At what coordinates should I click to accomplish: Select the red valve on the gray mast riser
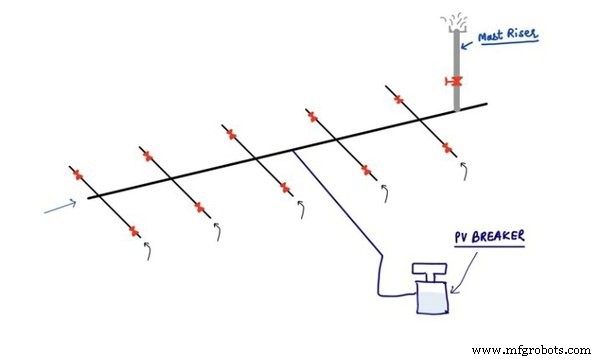point(456,81)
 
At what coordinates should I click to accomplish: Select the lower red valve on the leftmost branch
point(134,230)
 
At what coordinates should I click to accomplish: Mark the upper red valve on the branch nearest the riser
point(399,99)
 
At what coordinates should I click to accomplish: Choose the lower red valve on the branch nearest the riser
point(447,146)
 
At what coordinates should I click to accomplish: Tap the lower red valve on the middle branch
point(285,187)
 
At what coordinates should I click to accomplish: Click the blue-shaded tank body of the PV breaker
point(431,298)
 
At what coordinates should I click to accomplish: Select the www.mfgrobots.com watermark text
point(531,350)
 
